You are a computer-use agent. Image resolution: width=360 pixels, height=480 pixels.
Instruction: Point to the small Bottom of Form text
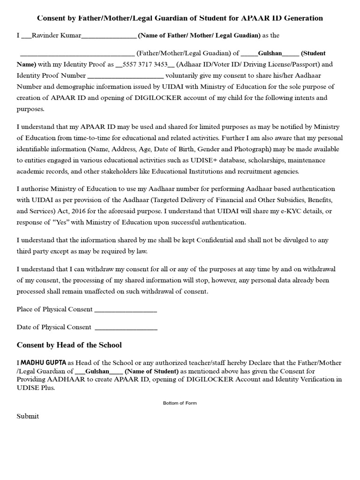tap(180, 403)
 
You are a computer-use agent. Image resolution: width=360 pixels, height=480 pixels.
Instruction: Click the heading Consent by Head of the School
tap(69, 345)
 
